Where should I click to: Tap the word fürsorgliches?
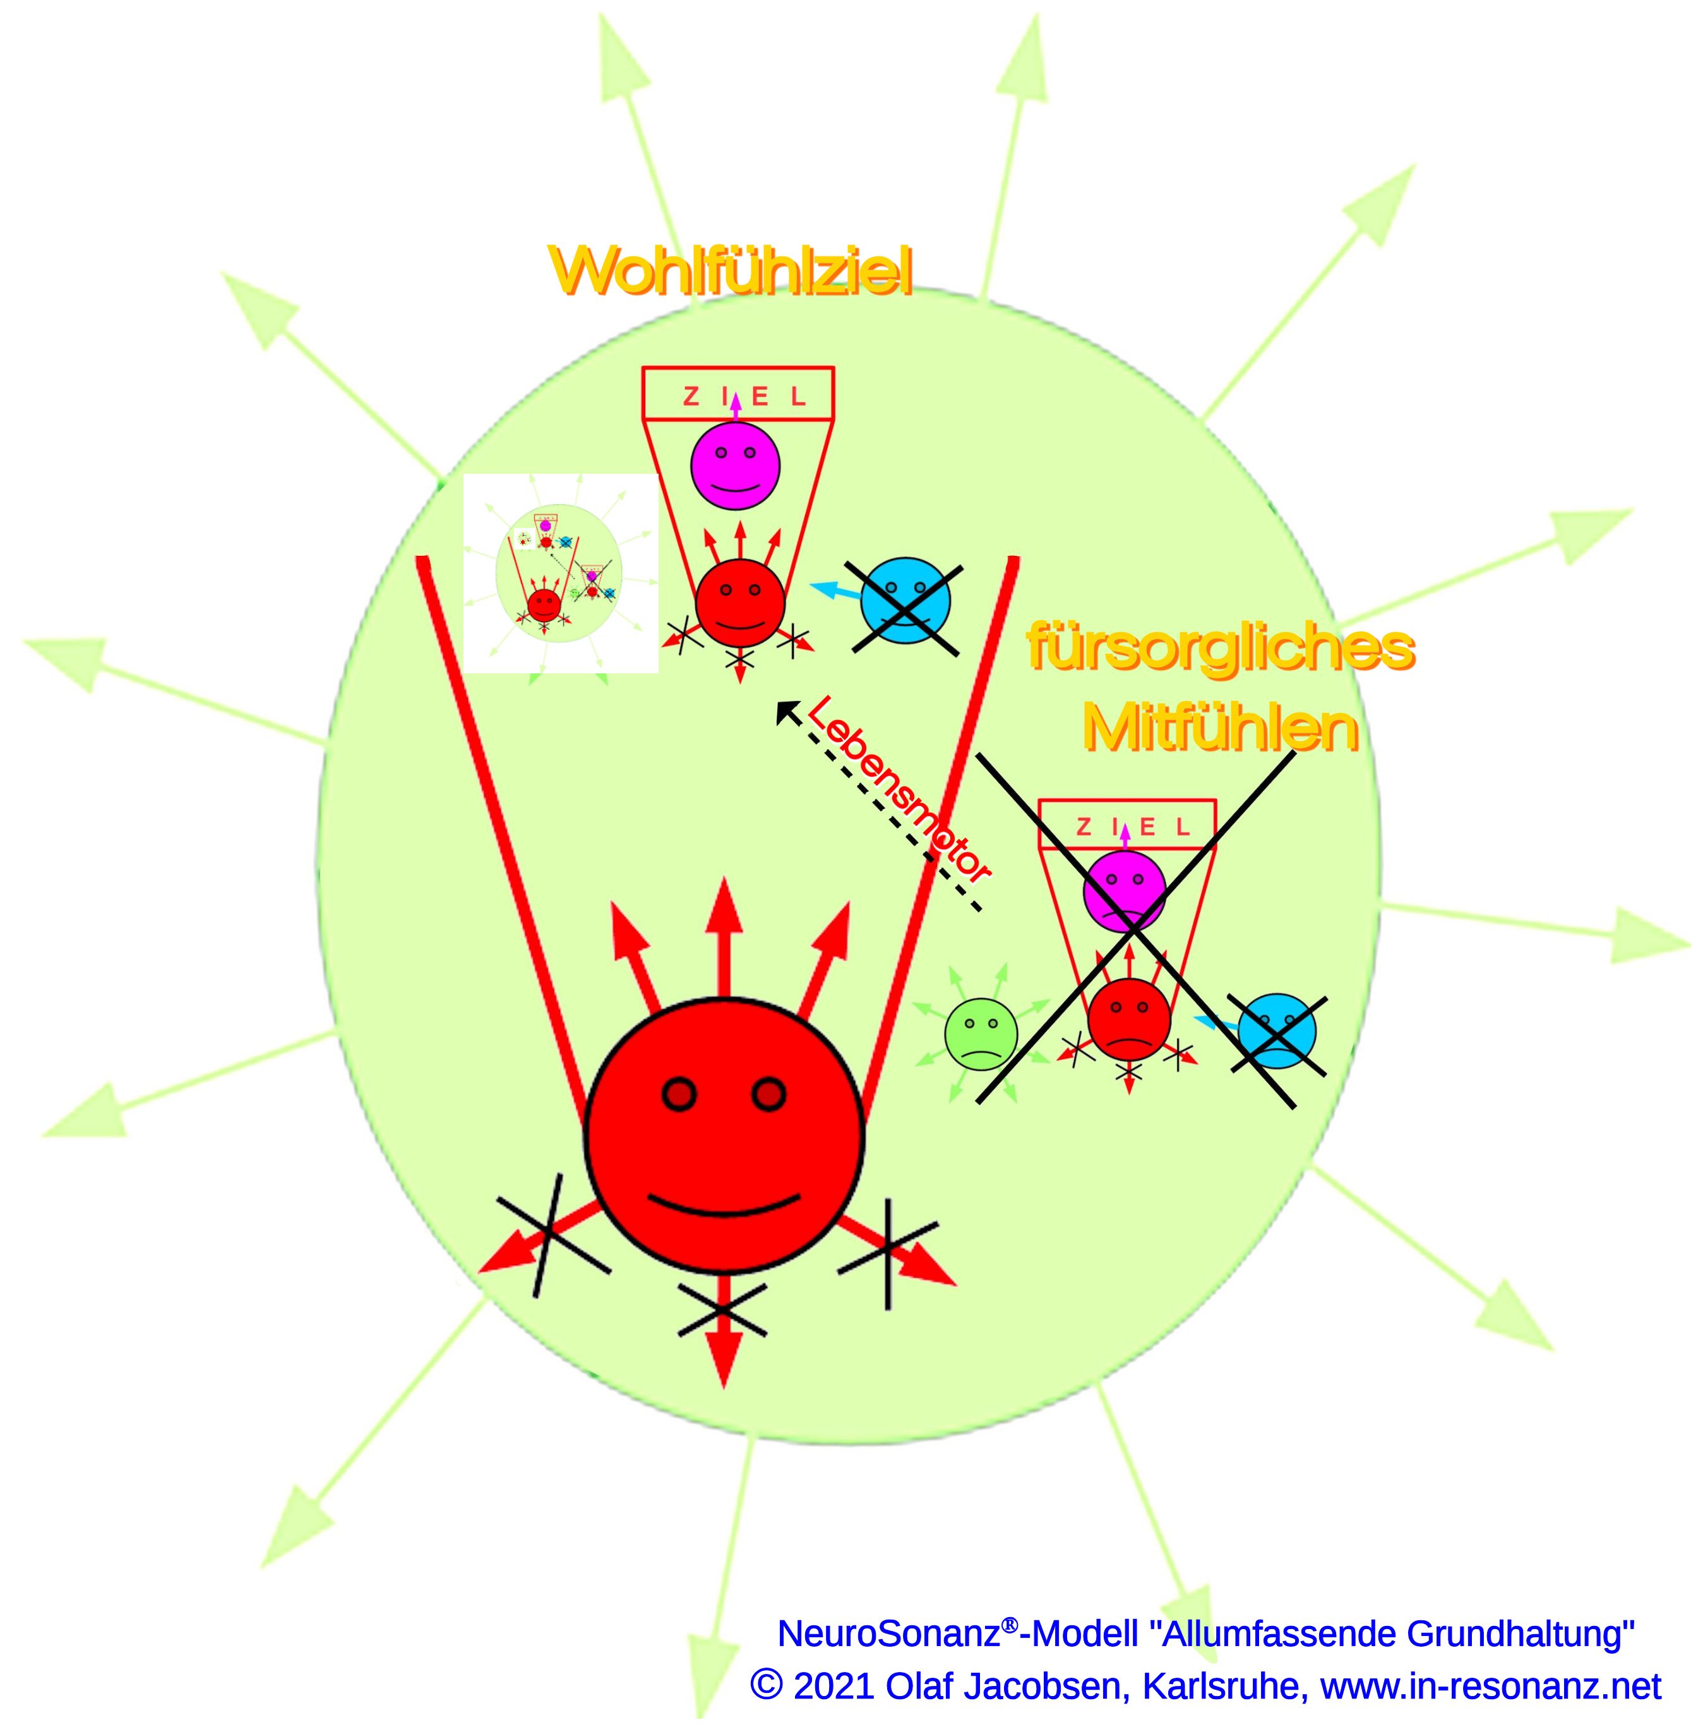tap(1219, 649)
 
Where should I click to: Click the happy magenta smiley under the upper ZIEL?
tap(736, 466)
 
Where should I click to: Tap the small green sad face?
tap(981, 1033)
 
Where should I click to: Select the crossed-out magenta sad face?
tap(1123, 891)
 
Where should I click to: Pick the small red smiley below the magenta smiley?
tap(740, 603)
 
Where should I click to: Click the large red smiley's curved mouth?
tap(723, 1205)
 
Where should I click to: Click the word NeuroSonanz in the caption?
tap(888, 1634)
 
